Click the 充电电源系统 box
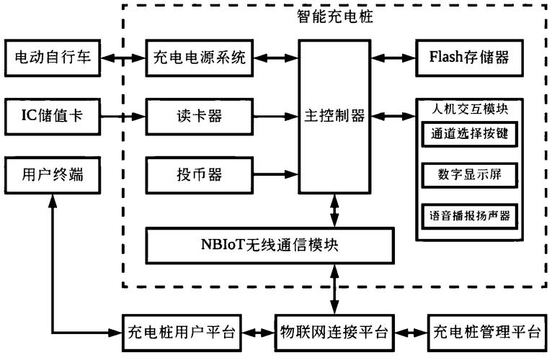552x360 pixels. point(199,58)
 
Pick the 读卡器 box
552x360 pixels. point(199,115)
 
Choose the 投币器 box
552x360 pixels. point(199,174)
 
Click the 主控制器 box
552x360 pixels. point(334,115)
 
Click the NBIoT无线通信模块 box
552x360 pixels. point(271,245)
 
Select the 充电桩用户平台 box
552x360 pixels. point(181,333)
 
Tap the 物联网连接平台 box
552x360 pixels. point(334,333)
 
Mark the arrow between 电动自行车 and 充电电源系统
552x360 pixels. point(123,58)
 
